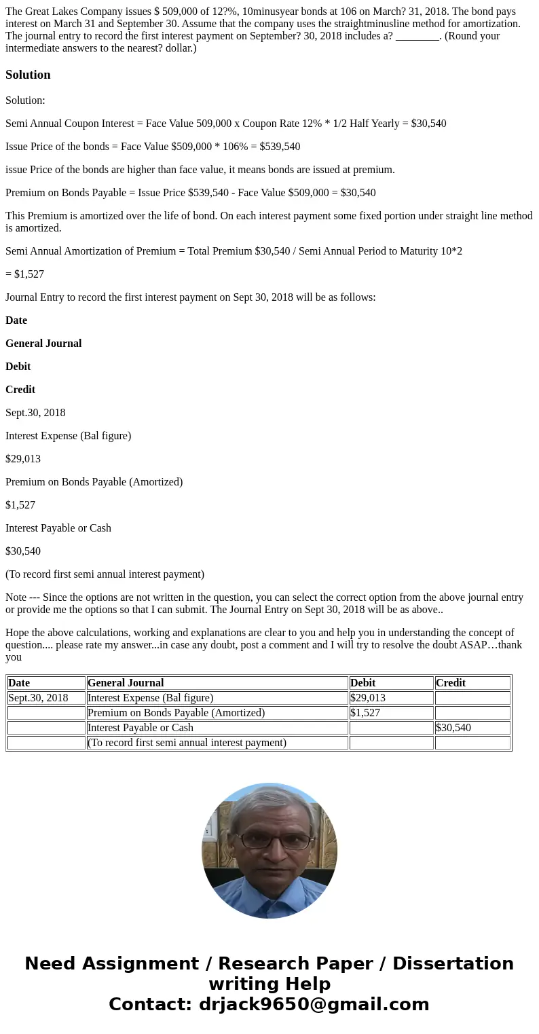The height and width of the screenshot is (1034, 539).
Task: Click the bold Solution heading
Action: [x=28, y=75]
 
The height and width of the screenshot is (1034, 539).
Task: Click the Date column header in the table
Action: [x=19, y=683]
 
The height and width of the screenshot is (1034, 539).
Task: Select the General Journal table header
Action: [x=126, y=683]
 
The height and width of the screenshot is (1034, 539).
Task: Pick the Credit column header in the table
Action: [x=451, y=683]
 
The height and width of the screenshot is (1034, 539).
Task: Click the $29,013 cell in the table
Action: [x=368, y=698]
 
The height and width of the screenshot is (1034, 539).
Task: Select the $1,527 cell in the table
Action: [x=365, y=713]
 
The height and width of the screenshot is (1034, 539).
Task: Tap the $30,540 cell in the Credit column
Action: [x=453, y=728]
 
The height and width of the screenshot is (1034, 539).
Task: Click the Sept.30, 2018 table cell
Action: [x=38, y=698]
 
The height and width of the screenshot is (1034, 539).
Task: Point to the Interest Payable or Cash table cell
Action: [x=141, y=728]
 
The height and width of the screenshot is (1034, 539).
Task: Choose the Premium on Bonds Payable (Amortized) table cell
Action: [x=176, y=713]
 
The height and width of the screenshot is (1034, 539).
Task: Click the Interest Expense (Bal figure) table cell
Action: [x=151, y=698]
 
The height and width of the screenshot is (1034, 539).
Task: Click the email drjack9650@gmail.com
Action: [x=314, y=1004]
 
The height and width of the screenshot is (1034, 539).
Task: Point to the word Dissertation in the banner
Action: [x=453, y=963]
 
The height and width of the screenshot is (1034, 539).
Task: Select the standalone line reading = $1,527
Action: [x=25, y=274]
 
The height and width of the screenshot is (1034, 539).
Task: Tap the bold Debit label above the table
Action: [x=18, y=367]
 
